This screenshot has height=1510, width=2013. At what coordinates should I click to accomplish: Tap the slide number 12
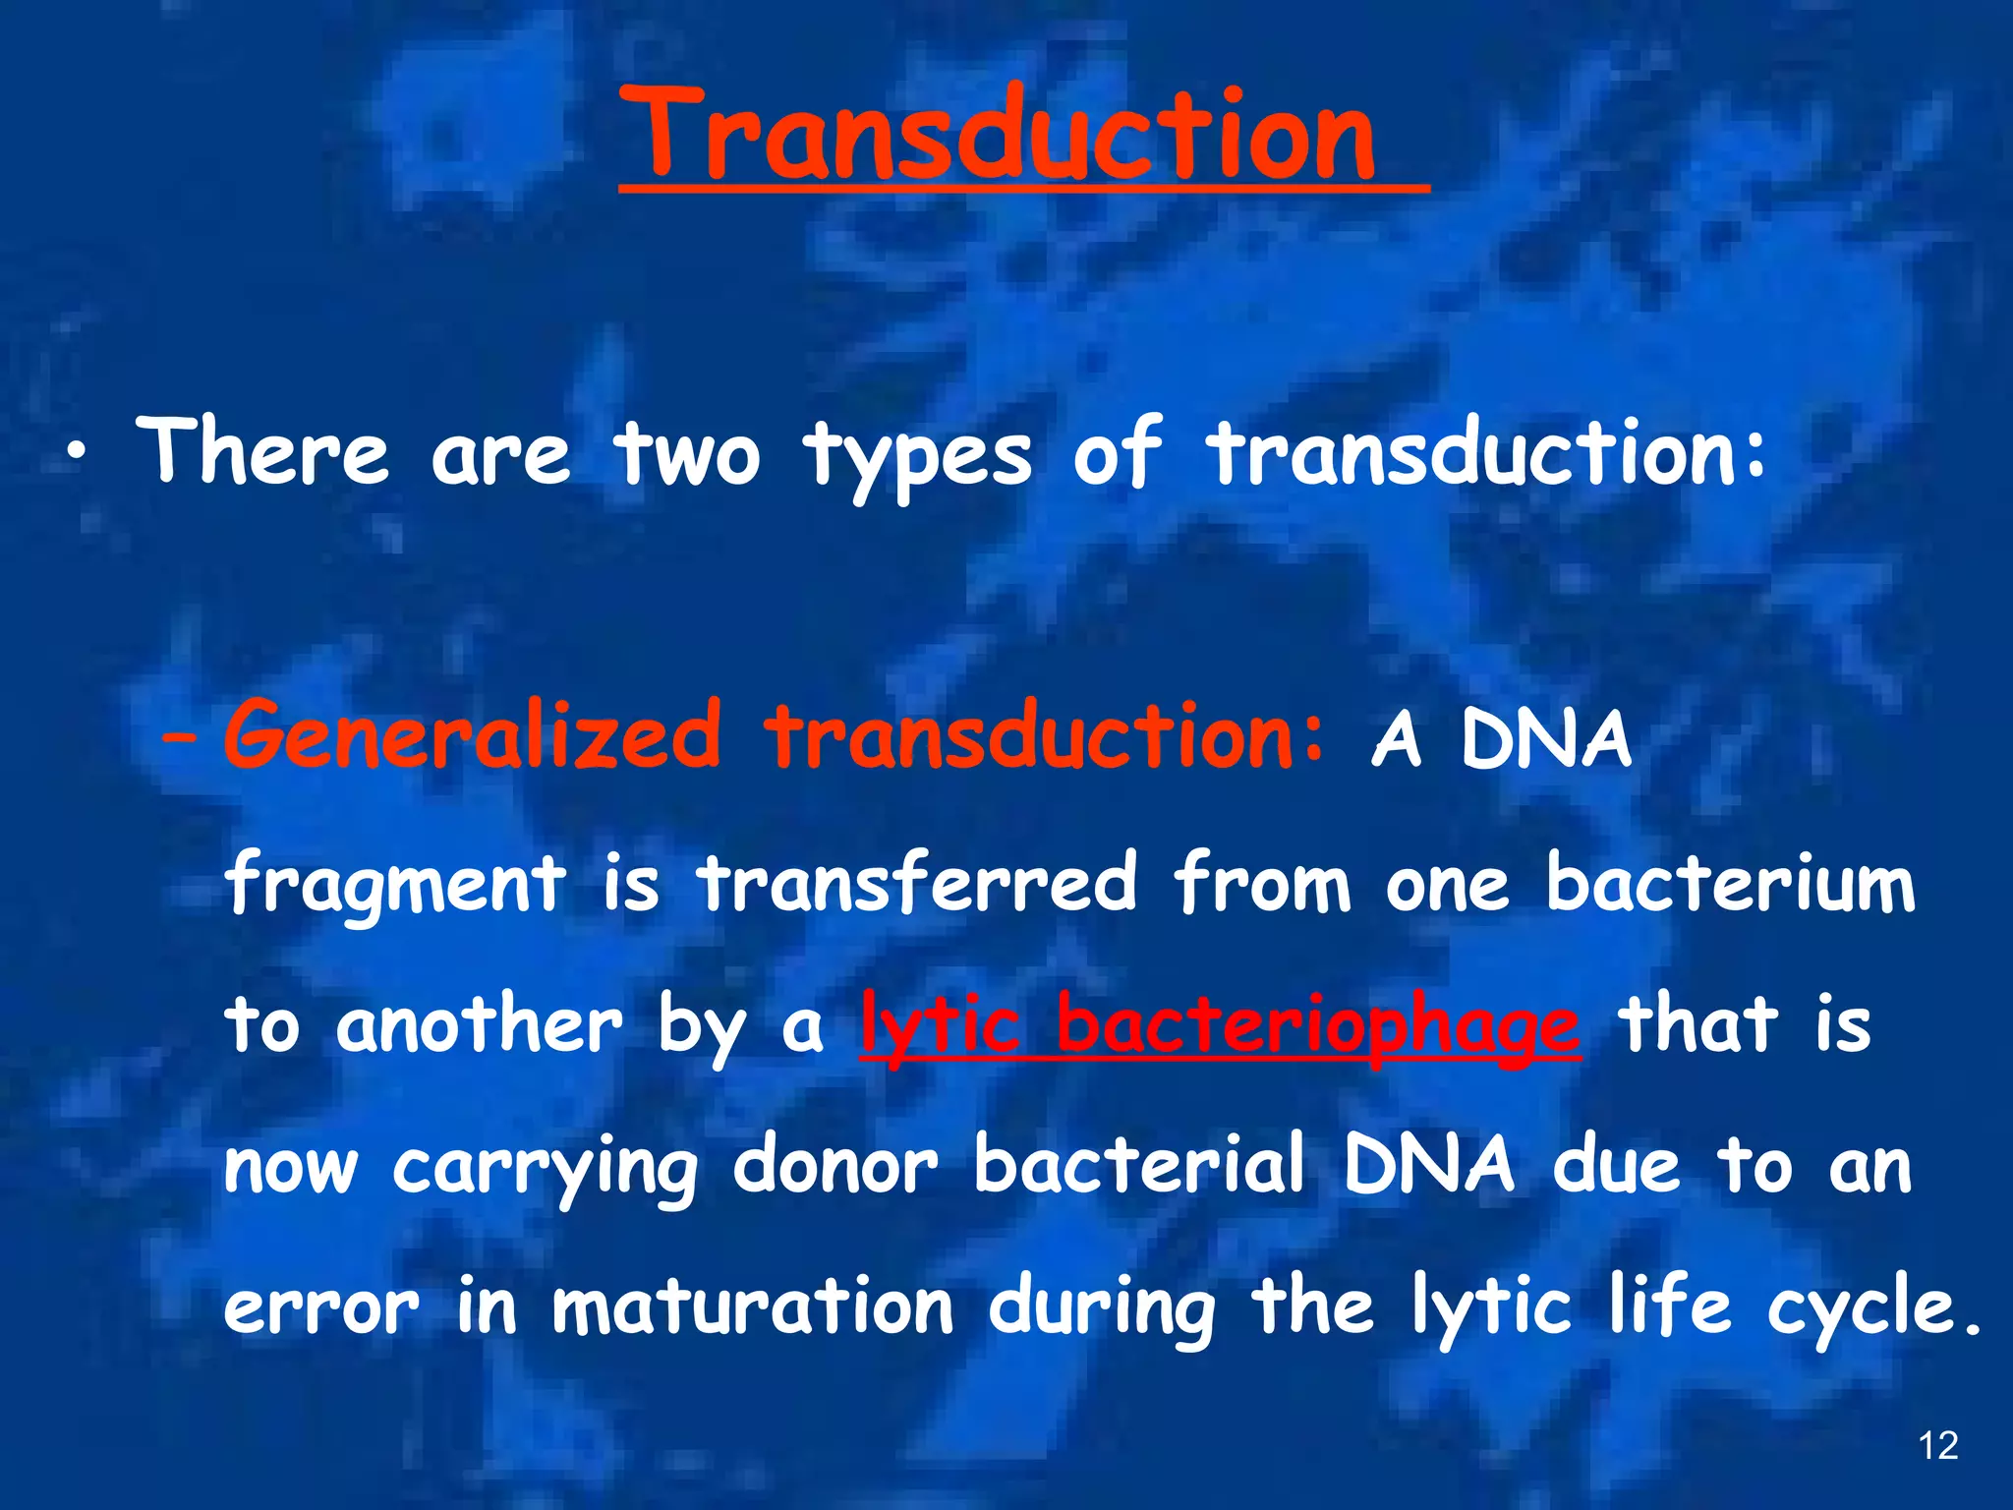[1937, 1446]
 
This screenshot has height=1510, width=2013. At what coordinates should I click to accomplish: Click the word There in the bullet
[262, 451]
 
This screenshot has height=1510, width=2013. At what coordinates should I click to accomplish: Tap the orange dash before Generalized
[181, 740]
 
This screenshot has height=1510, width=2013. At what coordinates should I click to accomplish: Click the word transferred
[917, 881]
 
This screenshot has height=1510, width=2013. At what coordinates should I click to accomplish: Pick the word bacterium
[1730, 881]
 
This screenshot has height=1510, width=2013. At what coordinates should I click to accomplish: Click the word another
[479, 1024]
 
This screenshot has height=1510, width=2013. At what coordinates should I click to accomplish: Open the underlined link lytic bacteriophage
[1220, 1026]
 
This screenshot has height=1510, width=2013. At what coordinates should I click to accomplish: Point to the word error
[321, 1309]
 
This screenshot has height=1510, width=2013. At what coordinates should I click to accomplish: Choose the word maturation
[752, 1307]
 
